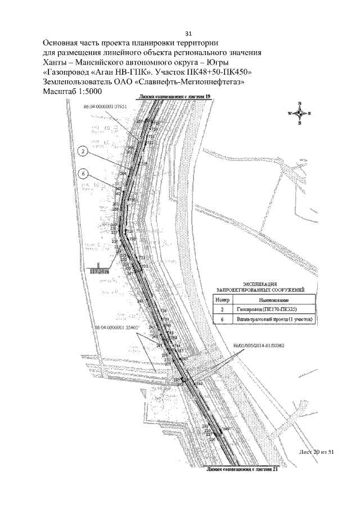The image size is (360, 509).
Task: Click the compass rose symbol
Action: coord(300,113)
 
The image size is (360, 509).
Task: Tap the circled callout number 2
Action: coord(83,151)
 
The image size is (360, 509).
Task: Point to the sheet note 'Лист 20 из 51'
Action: coord(317,452)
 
